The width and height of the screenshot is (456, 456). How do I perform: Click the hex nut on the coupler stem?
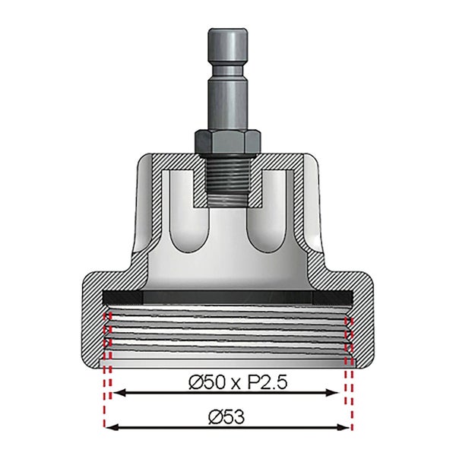tap(228, 140)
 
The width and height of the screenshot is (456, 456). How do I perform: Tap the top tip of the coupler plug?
tap(228, 33)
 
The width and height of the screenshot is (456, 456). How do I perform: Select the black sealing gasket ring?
tap(228, 296)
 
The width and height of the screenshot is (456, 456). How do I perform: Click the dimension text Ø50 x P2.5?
tap(228, 381)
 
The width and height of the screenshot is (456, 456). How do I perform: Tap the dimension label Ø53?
tap(228, 416)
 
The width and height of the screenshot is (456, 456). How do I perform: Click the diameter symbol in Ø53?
tap(214, 416)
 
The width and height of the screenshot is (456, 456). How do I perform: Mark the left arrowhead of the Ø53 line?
tap(110, 427)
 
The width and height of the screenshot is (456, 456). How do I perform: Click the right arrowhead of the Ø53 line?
tap(346, 427)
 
